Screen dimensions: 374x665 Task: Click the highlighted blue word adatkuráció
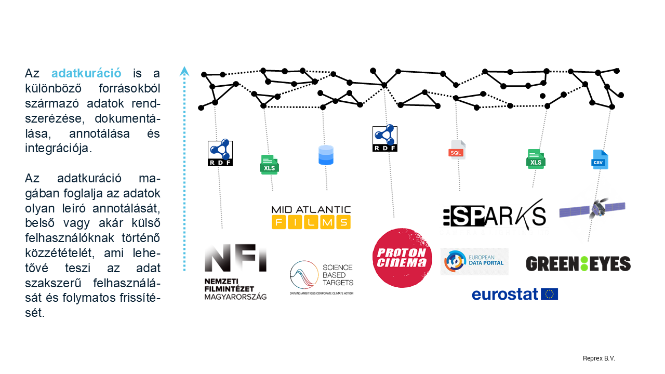pos(86,73)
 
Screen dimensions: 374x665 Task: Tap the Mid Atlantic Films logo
pos(311,217)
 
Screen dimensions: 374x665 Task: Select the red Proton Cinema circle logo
pos(402,258)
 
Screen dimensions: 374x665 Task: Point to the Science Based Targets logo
pos(322,278)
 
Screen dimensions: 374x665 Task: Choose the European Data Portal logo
pos(474,261)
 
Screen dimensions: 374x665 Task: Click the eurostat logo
pos(514,294)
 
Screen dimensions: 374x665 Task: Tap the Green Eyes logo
pos(578,263)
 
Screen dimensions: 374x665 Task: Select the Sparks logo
pos(494,214)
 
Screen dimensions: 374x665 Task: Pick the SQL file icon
pos(457,150)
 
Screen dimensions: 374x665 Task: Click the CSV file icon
pos(600,159)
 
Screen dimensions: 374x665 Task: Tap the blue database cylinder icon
pos(326,155)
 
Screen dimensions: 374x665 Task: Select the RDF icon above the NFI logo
pos(220,153)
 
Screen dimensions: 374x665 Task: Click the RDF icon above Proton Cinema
pos(384,138)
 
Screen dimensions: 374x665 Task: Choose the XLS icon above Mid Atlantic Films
pos(269,165)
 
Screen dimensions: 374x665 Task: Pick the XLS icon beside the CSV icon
pos(536,159)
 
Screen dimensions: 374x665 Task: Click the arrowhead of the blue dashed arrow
pos(184,71)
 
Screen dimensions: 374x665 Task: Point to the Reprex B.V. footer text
pos(598,358)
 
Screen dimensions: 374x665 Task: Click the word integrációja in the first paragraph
pos(58,148)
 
